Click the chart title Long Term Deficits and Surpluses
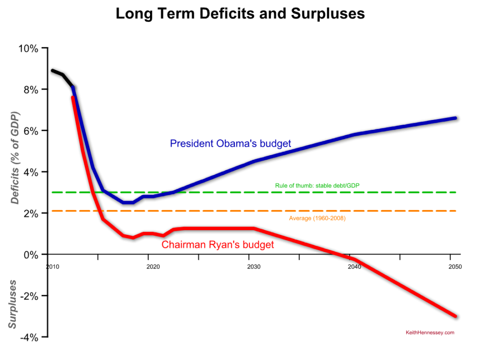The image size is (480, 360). tap(240, 14)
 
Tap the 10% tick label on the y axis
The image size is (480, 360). tap(29, 48)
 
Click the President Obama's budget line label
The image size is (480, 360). tap(230, 143)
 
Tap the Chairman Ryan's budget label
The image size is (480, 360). tap(217, 245)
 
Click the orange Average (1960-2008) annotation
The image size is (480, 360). tap(321, 218)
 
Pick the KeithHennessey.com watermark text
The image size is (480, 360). tap(430, 333)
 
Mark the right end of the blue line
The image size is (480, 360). tap(455, 118)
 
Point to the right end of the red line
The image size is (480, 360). tap(455, 316)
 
